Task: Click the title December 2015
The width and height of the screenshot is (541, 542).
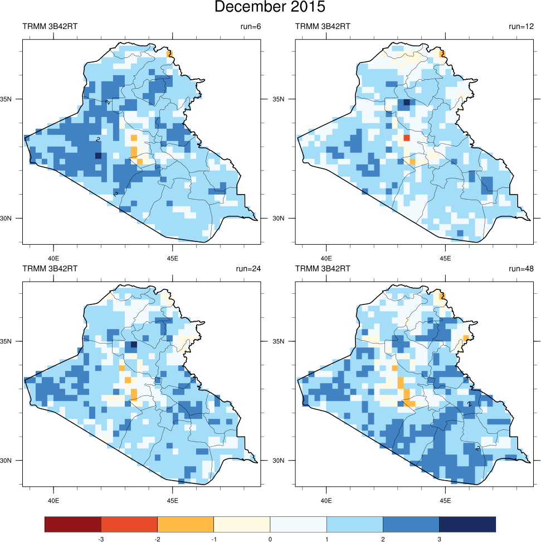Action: click(270, 7)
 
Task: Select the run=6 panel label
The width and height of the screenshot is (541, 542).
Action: click(248, 26)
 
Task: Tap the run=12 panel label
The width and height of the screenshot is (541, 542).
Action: click(521, 26)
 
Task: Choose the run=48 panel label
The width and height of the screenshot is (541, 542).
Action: click(521, 268)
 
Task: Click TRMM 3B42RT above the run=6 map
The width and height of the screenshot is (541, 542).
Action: click(46, 26)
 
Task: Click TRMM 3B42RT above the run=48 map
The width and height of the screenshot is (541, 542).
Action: click(319, 268)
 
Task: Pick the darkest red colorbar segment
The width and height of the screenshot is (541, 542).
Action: click(73, 524)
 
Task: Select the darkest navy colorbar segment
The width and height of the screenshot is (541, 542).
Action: click(467, 524)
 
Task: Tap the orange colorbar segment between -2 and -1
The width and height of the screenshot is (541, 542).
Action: click(186, 524)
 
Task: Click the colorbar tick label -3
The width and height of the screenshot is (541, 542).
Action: click(101, 539)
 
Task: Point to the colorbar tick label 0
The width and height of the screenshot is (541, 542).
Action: click(270, 539)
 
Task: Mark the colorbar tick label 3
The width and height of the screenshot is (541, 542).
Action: click(439, 539)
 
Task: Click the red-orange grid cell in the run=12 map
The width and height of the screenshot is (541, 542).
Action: click(407, 137)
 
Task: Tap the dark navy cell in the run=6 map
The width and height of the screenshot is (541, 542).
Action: click(98, 156)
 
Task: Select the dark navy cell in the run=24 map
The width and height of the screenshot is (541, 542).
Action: click(134, 345)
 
